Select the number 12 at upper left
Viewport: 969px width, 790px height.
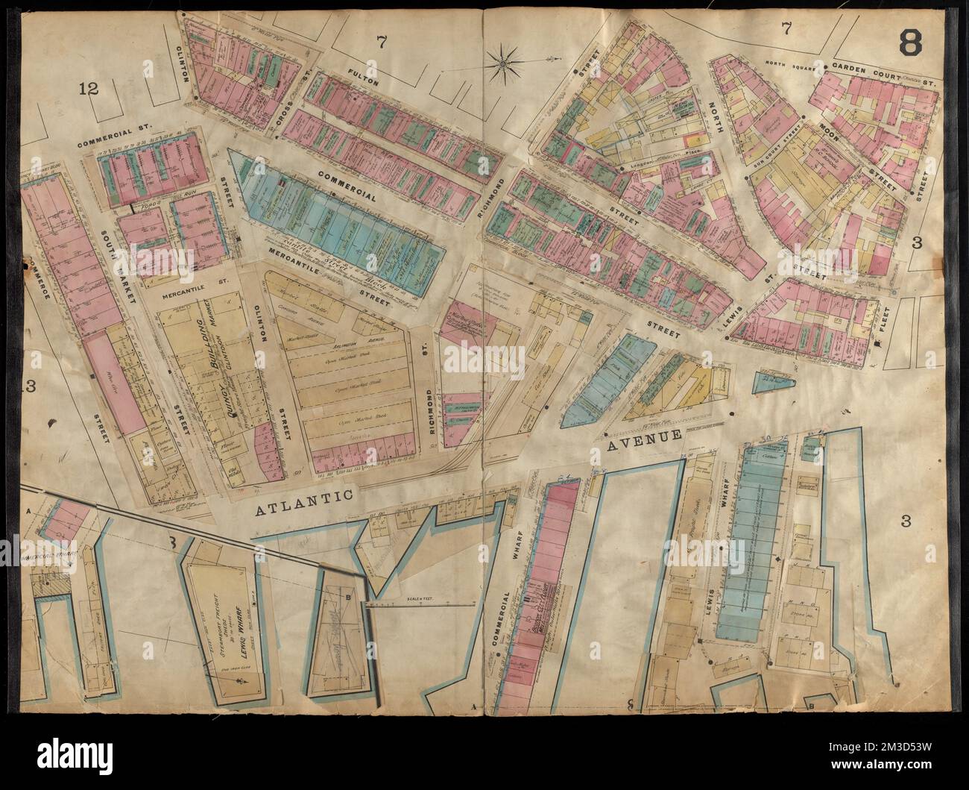click(89, 90)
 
